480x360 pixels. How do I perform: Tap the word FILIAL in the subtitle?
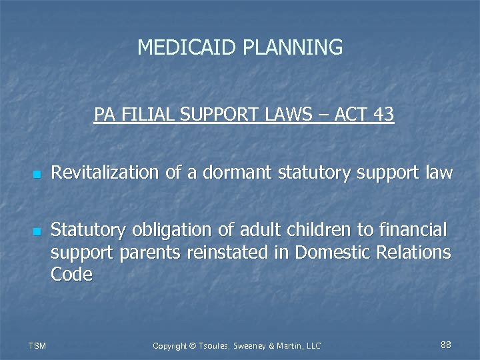coord(144,115)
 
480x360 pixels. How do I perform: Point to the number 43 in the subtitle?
coord(384,115)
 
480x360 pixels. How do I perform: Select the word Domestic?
coord(329,253)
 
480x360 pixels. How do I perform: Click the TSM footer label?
coord(37,345)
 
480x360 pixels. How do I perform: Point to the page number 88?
coord(446,345)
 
